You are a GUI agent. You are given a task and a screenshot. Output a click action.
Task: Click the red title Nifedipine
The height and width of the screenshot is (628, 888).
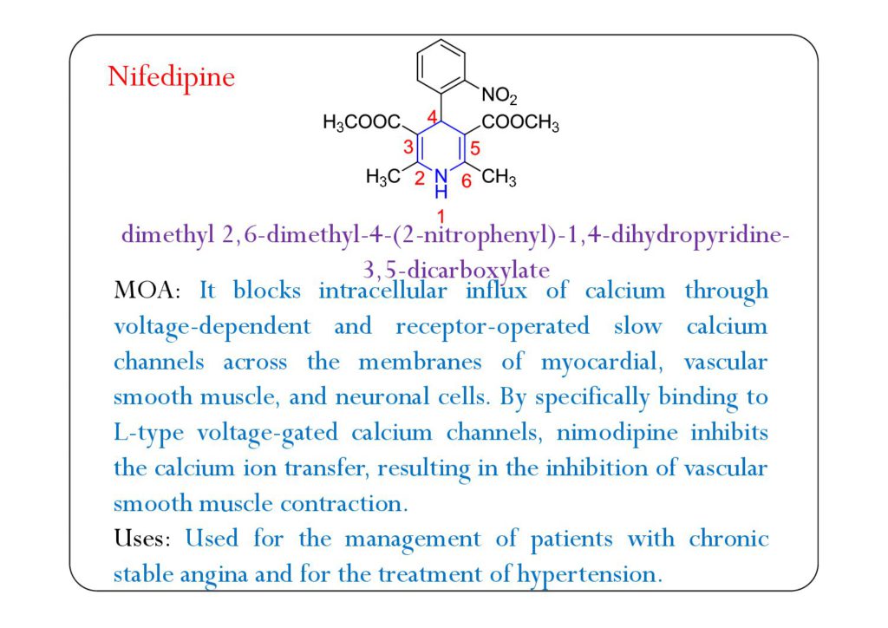pos(171,77)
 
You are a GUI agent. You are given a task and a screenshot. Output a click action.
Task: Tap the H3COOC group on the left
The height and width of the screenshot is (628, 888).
pos(362,124)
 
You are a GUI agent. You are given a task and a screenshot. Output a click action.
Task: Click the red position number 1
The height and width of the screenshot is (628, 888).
pos(441,214)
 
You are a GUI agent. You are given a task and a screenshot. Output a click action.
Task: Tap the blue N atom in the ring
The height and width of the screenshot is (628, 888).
pos(441,176)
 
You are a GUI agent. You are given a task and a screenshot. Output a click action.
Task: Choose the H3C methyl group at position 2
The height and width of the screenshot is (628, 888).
pos(383,178)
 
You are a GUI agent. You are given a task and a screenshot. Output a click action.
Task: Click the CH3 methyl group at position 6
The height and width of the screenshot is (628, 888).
pos(499,179)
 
